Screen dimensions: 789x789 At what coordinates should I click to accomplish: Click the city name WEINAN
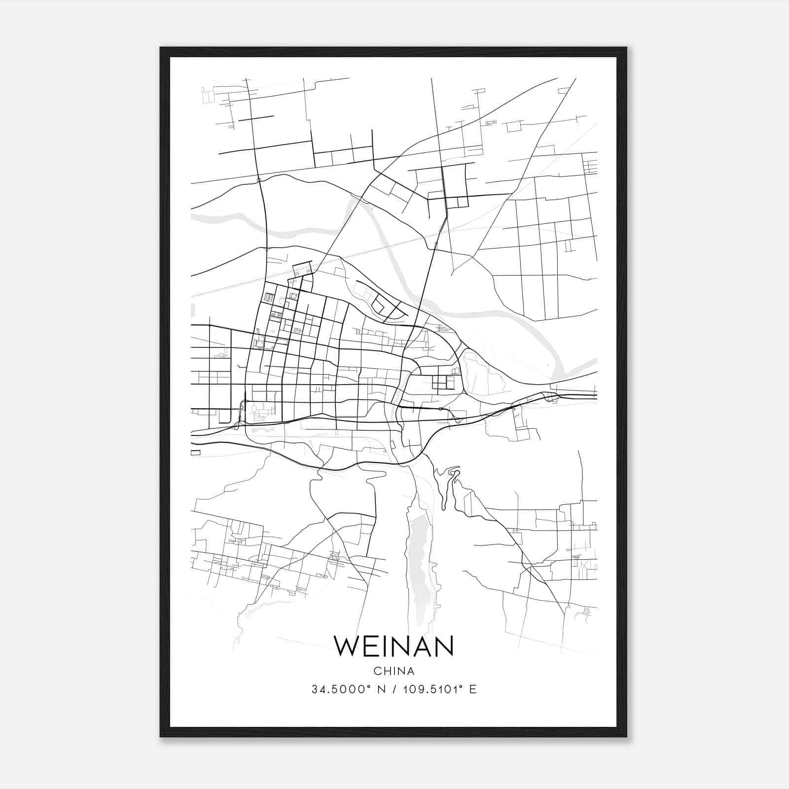point(394,646)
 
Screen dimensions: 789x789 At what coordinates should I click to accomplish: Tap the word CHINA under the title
point(394,671)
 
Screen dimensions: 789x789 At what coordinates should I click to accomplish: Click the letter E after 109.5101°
point(473,689)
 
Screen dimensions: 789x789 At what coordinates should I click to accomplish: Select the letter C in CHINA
point(377,671)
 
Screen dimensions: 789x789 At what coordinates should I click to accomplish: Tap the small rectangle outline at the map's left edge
point(196,452)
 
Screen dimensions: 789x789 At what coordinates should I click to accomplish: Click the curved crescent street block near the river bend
point(387,306)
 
